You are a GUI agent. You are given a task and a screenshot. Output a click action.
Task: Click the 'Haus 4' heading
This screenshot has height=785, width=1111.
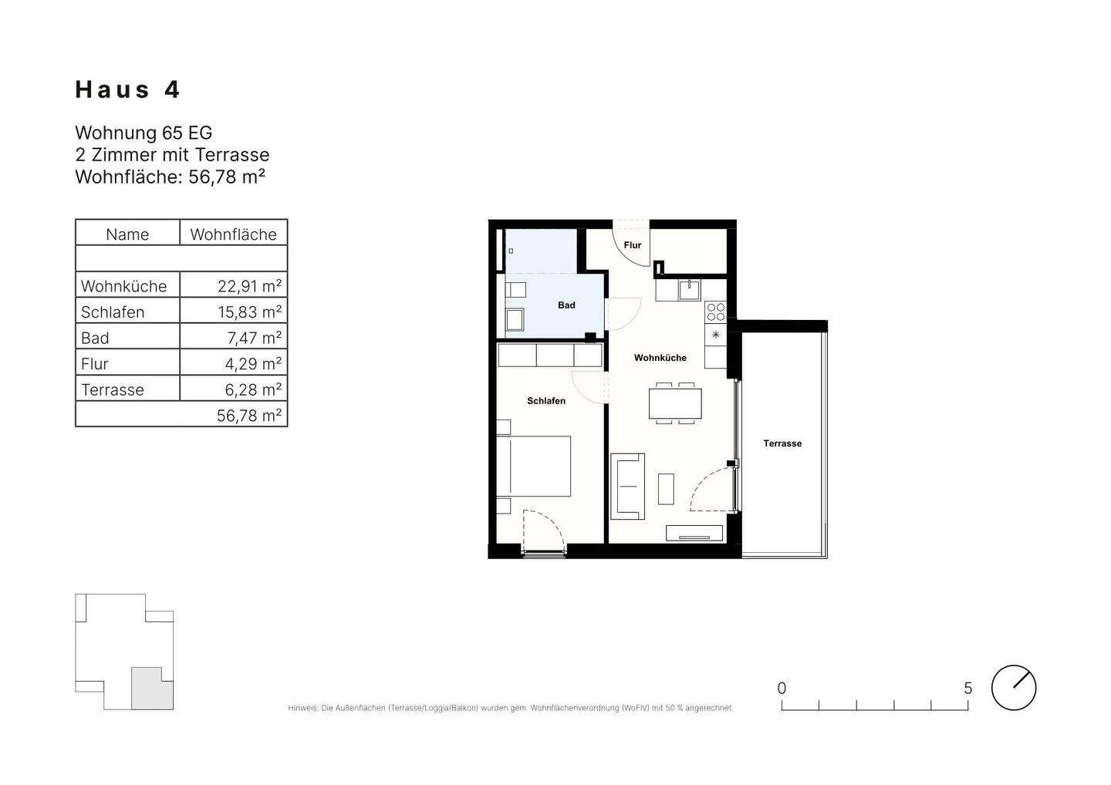pyautogui.click(x=127, y=89)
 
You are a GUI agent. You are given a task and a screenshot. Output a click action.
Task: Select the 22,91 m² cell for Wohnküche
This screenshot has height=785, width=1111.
pyautogui.click(x=249, y=286)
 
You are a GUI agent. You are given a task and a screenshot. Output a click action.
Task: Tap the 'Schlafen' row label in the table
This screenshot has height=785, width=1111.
pyautogui.click(x=113, y=312)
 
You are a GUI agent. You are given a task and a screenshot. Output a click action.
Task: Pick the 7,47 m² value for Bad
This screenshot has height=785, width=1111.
pyautogui.click(x=255, y=338)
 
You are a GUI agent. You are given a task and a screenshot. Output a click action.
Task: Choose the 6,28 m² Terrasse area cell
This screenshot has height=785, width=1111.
pyautogui.click(x=253, y=389)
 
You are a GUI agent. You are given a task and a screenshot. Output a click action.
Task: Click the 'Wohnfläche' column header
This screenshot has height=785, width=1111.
pyautogui.click(x=233, y=234)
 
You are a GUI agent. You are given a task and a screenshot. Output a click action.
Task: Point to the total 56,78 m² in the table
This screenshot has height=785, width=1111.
pyautogui.click(x=249, y=416)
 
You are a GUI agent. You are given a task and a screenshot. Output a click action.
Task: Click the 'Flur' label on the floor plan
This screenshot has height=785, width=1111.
pyautogui.click(x=633, y=245)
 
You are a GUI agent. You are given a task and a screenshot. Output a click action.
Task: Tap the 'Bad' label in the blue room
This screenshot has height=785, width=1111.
pyautogui.click(x=566, y=305)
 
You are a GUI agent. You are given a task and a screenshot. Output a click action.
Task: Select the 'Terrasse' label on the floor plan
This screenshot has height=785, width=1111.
pyautogui.click(x=782, y=443)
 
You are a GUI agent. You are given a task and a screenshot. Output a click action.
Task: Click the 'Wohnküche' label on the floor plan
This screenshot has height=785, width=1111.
pyautogui.click(x=660, y=358)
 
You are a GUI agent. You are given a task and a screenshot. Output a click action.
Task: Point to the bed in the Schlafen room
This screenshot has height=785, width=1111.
pyautogui.click(x=534, y=466)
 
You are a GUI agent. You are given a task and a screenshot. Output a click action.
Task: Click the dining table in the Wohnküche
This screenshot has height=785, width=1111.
pyautogui.click(x=675, y=403)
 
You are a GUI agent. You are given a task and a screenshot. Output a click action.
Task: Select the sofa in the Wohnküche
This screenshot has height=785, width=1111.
pyautogui.click(x=627, y=486)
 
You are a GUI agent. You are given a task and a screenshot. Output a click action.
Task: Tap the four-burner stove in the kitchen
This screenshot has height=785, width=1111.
pyautogui.click(x=716, y=313)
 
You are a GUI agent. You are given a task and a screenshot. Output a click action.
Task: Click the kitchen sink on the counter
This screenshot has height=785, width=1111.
pyautogui.click(x=690, y=291)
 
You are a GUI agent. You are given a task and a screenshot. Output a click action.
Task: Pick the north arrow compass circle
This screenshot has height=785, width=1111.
pyautogui.click(x=1014, y=688)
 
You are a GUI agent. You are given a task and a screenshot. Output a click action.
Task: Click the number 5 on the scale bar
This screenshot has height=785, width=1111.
pyautogui.click(x=967, y=688)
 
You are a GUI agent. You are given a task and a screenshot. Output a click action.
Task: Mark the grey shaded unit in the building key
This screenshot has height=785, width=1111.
pyautogui.click(x=152, y=689)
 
